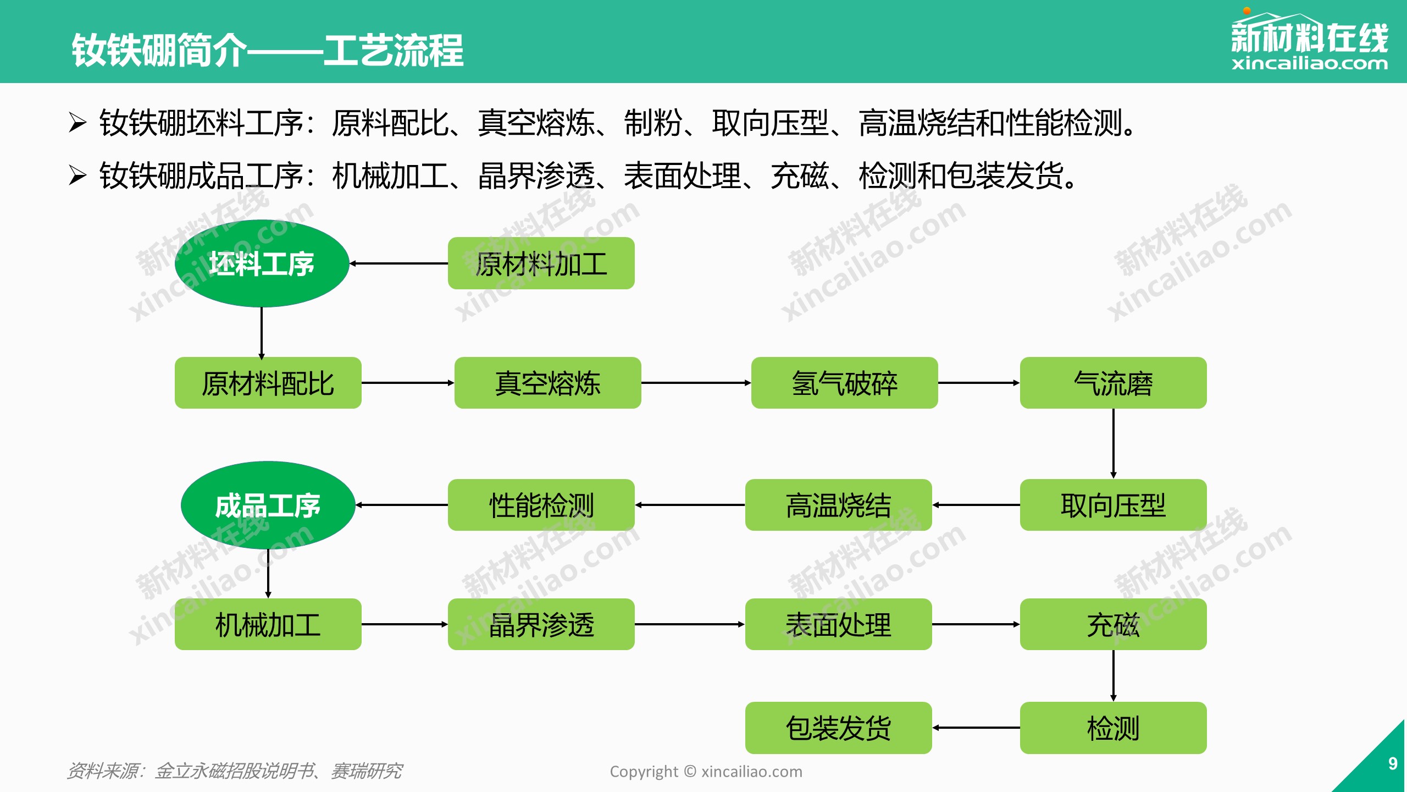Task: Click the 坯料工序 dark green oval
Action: (x=262, y=263)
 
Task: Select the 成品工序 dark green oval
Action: (x=268, y=505)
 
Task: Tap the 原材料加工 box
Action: (x=541, y=263)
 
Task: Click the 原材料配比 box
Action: (x=268, y=383)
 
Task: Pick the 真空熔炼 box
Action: (x=547, y=383)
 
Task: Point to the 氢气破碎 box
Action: (x=844, y=383)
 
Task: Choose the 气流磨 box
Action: (x=1113, y=383)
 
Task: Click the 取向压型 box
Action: (x=1113, y=505)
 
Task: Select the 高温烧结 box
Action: (x=838, y=505)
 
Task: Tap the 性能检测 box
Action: (x=541, y=505)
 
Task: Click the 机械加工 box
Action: (x=268, y=624)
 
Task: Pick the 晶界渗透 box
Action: (x=541, y=624)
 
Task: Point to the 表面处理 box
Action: (x=838, y=624)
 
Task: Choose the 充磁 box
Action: (x=1113, y=624)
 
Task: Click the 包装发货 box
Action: (x=838, y=728)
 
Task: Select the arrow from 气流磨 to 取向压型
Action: (x=1114, y=443)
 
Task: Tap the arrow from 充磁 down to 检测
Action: (x=1114, y=675)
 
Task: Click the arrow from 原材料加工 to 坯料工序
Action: (x=399, y=263)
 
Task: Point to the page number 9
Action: (x=1393, y=763)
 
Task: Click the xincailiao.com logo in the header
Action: (x=1309, y=42)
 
